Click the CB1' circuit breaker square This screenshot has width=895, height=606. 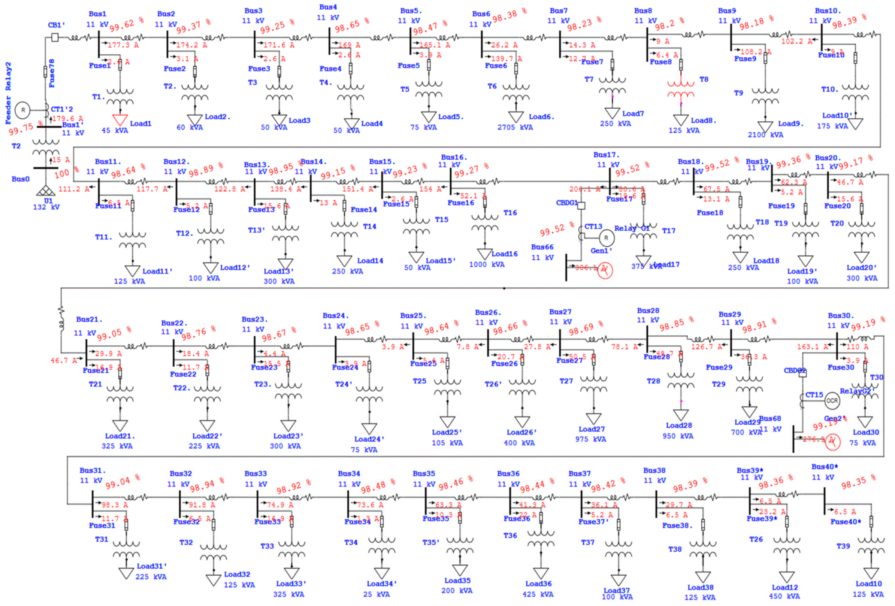point(55,37)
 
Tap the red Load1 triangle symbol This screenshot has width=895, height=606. point(120,120)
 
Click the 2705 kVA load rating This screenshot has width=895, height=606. point(515,127)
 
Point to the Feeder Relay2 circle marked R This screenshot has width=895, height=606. point(23,110)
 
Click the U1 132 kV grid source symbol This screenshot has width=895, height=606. point(45,191)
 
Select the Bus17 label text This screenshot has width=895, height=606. point(606,155)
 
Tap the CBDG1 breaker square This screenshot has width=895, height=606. point(581,206)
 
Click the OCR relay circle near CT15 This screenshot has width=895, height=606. point(832,401)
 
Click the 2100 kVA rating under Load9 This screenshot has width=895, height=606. point(765,135)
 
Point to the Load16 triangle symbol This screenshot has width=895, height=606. point(484,254)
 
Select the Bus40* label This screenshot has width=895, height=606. point(825,467)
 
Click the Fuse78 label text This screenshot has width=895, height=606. point(52,73)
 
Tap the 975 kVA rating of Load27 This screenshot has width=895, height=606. point(590,439)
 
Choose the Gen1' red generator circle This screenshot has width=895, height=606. point(605,271)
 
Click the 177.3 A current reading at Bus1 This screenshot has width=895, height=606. point(123,45)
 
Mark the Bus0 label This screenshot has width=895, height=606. point(20,179)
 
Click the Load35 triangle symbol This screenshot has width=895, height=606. point(459,570)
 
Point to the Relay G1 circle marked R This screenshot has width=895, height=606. point(606,238)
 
